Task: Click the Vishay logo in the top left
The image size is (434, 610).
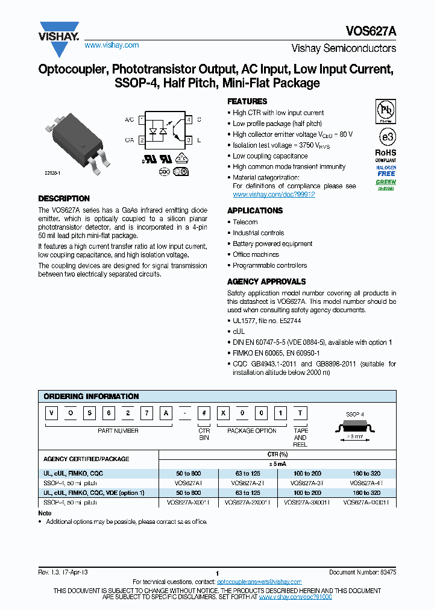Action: point(59,31)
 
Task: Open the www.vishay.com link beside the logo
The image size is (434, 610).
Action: point(112,45)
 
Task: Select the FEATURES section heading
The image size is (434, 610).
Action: point(247,102)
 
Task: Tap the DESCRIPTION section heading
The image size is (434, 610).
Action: point(64,198)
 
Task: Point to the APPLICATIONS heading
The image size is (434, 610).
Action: point(254,210)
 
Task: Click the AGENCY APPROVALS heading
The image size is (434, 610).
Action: point(266,281)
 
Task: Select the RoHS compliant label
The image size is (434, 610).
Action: point(386,156)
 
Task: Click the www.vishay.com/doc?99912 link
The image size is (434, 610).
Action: point(274,195)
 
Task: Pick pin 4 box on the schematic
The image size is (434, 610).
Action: point(189,120)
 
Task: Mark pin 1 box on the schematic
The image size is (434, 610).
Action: point(142,120)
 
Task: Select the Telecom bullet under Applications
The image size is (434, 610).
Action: point(245,222)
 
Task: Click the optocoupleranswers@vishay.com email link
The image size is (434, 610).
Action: point(259,581)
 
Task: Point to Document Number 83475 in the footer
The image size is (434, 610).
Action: point(362,572)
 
